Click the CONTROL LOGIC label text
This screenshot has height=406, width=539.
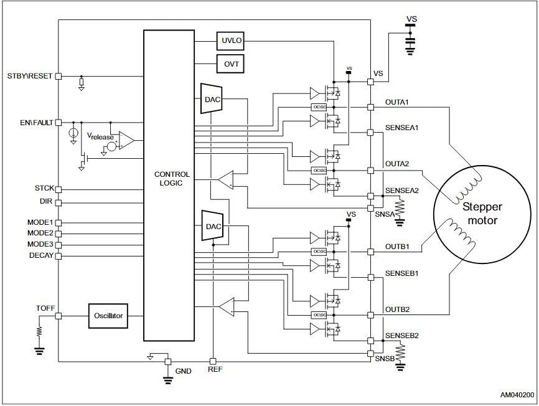click(172, 179)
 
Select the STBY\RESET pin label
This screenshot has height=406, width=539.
click(29, 76)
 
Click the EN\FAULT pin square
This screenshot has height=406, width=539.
click(59, 122)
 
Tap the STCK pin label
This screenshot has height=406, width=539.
click(44, 188)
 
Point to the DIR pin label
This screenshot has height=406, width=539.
click(47, 202)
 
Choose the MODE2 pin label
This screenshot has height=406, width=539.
click(40, 233)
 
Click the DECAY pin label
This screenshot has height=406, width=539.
click(41, 255)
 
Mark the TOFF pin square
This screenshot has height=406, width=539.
click(59, 316)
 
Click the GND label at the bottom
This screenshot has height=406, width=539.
click(184, 371)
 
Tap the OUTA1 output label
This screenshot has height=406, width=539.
click(396, 101)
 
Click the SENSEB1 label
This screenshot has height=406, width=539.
click(401, 273)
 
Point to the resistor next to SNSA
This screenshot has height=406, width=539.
click(400, 206)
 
